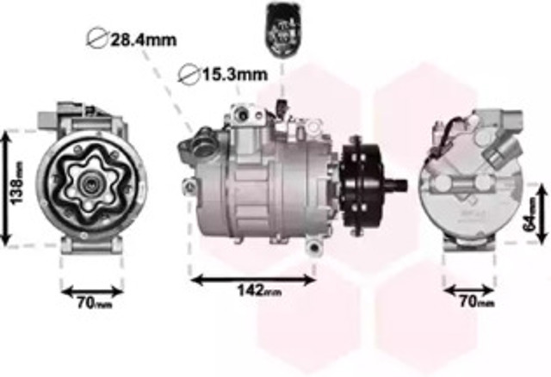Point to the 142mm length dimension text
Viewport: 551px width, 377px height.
click(x=256, y=292)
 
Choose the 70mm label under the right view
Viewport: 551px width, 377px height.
click(x=473, y=304)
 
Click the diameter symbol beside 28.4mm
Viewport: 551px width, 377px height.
click(x=97, y=39)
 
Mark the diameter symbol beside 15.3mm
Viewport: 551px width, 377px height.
click(x=189, y=75)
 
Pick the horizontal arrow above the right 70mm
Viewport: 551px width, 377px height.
click(x=470, y=290)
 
